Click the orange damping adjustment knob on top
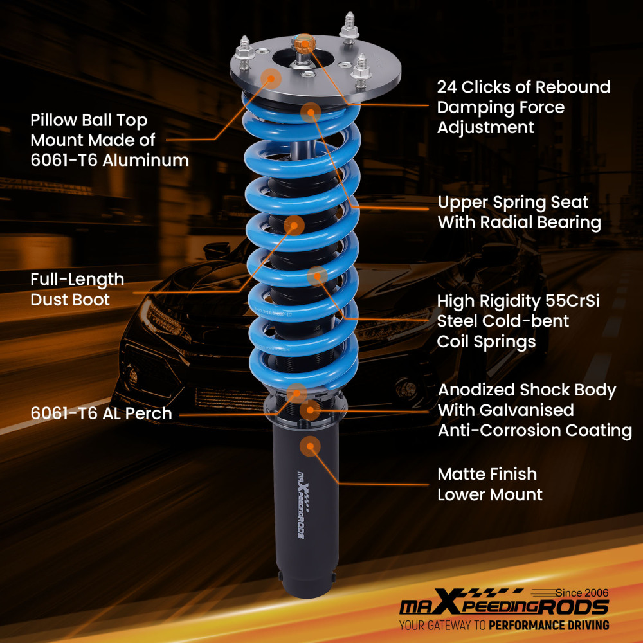tap(301, 45)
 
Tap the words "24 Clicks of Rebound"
tap(523, 87)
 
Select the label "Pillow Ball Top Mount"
tap(89, 129)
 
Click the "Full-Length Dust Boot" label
tap(77, 289)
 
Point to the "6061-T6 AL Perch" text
tap(101, 413)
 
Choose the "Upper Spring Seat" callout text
tap(512, 202)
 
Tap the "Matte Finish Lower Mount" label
tap(489, 484)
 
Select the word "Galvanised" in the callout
tap(522, 410)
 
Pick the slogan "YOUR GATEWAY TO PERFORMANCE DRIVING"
tap(503, 625)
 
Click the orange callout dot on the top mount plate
tap(271, 79)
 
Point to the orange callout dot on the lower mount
tap(310, 445)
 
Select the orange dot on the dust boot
tap(294, 225)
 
